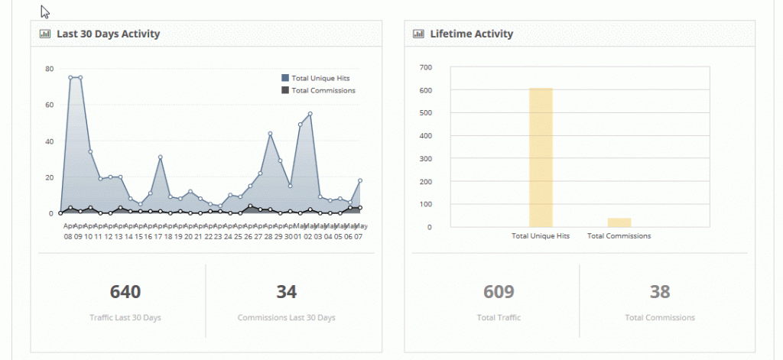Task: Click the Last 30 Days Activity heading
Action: pyautogui.click(x=108, y=34)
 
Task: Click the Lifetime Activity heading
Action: pyautogui.click(x=471, y=34)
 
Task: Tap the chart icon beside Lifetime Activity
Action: pyautogui.click(x=418, y=34)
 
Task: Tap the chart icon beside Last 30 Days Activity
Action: pyautogui.click(x=45, y=34)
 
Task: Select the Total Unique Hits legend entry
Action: pyautogui.click(x=320, y=78)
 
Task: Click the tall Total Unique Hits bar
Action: pyautogui.click(x=541, y=157)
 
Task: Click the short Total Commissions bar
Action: pyautogui.click(x=619, y=222)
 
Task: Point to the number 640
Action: pyautogui.click(x=125, y=291)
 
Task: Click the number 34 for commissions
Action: pyautogui.click(x=286, y=291)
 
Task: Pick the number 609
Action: pyautogui.click(x=499, y=291)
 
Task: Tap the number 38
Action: pyautogui.click(x=659, y=291)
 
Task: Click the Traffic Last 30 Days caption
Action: pyautogui.click(x=125, y=317)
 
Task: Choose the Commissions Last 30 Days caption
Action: pyautogui.click(x=286, y=317)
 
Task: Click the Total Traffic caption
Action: pyautogui.click(x=499, y=317)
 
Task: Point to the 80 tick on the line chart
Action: pyautogui.click(x=49, y=69)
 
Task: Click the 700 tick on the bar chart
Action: pyautogui.click(x=426, y=67)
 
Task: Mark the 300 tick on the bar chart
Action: pyautogui.click(x=426, y=158)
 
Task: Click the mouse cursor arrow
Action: pyautogui.click(x=45, y=11)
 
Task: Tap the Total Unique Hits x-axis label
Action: pyautogui.click(x=541, y=236)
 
